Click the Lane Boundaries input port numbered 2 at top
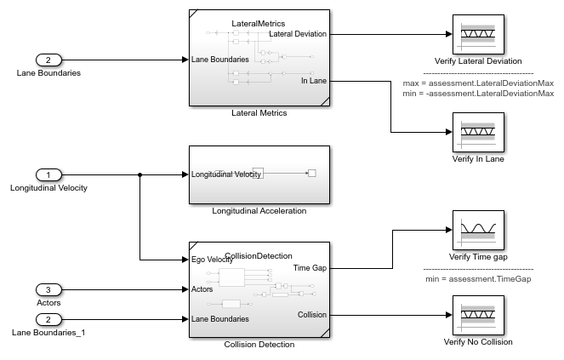[48, 60]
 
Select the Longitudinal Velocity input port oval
[48, 174]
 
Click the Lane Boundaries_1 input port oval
[48, 319]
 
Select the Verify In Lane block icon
[477, 132]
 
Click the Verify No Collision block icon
[477, 315]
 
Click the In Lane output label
[314, 81]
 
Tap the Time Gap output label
[310, 267]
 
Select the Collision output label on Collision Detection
[311, 315]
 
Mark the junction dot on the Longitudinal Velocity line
[140, 174]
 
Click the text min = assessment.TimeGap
[478, 278]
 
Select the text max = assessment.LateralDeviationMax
[478, 83]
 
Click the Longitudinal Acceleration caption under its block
[259, 211]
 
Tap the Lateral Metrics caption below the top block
[259, 112]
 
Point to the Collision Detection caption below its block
[259, 345]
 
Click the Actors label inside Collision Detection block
[202, 289]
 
